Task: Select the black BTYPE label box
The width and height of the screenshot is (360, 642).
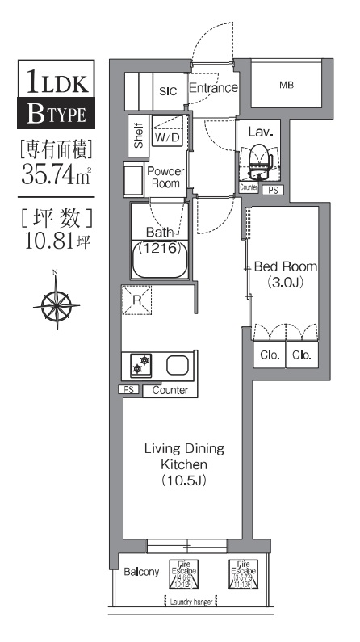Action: tap(55, 115)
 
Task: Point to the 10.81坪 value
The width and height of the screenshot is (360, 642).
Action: tap(55, 241)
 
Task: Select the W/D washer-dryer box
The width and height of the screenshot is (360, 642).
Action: tap(167, 138)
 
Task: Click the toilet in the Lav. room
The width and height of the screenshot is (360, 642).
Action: tap(260, 159)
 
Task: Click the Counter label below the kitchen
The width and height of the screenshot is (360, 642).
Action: tap(170, 391)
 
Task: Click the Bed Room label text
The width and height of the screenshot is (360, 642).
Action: tap(285, 267)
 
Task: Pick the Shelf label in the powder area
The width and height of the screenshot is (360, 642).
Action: tap(138, 136)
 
